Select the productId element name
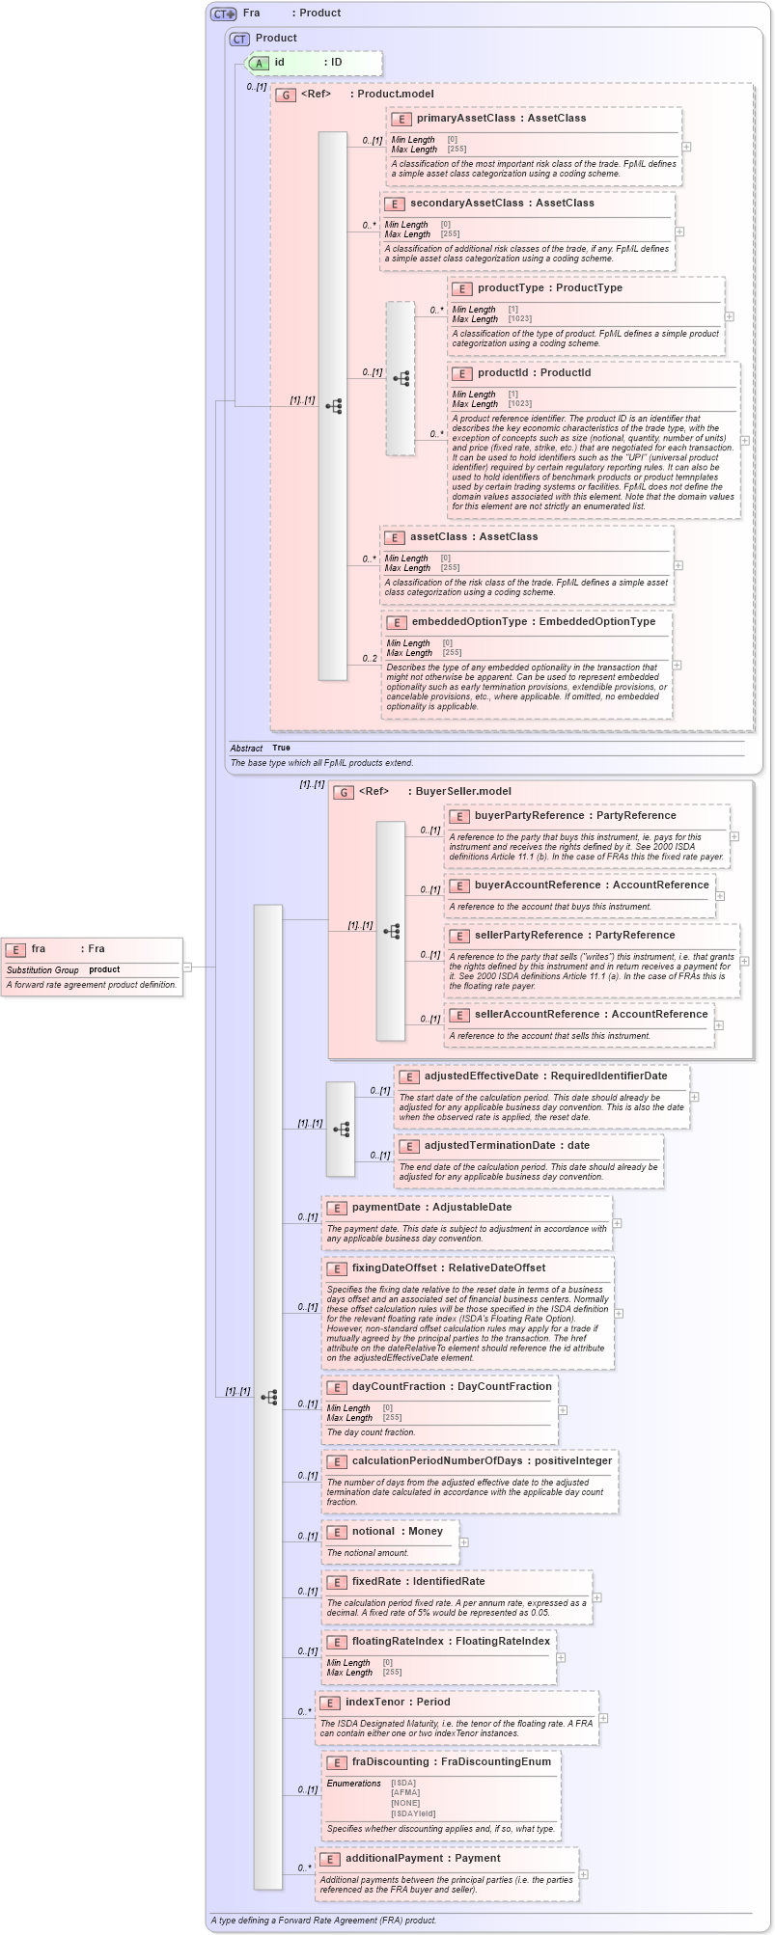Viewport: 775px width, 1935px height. pyautogui.click(x=502, y=372)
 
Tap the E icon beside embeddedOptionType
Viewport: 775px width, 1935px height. pyautogui.click(x=396, y=622)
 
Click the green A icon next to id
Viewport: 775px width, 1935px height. pyautogui.click(x=259, y=63)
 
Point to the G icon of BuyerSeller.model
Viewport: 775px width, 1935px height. pyautogui.click(x=344, y=792)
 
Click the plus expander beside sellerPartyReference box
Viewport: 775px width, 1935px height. pyautogui.click(x=744, y=961)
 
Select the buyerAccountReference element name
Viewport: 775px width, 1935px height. pyautogui.click(x=537, y=885)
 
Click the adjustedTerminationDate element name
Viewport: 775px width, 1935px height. pyautogui.click(x=489, y=1145)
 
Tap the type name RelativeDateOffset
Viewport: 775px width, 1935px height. pyautogui.click(x=496, y=1267)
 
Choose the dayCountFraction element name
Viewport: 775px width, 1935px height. pyautogui.click(x=398, y=1386)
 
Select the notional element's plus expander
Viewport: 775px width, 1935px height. pyautogui.click(x=464, y=1541)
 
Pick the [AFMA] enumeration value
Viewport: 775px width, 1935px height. pyautogui.click(x=405, y=1792)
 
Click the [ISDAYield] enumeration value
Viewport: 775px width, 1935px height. pyautogui.click(x=413, y=1813)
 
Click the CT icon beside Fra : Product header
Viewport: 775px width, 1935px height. pyautogui.click(x=224, y=14)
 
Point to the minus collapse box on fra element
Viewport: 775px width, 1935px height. pyautogui.click(x=187, y=967)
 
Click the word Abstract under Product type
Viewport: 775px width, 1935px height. pyautogui.click(x=246, y=748)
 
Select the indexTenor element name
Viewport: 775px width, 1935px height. pyautogui.click(x=374, y=1702)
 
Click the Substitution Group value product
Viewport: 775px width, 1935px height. pyautogui.click(x=104, y=969)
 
